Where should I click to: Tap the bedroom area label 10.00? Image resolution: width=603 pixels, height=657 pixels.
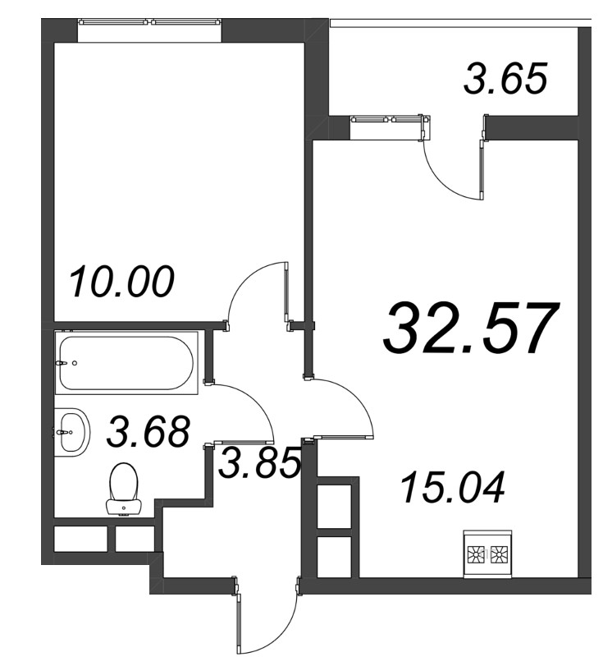[x=121, y=282]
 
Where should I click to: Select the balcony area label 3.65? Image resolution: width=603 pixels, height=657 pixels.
[x=505, y=78]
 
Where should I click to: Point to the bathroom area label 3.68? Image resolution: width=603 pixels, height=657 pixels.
[x=148, y=431]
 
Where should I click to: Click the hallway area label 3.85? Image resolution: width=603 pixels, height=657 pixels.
[x=260, y=463]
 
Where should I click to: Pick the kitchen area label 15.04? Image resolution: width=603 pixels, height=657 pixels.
[x=452, y=487]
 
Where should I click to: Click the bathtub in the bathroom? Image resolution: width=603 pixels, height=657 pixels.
[x=126, y=363]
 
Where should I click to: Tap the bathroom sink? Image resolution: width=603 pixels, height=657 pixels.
[x=71, y=432]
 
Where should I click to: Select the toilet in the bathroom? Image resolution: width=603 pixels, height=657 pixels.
[x=124, y=489]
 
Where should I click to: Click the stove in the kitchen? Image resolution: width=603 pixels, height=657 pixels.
[x=488, y=554]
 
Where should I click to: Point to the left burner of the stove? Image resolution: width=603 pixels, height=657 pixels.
[x=475, y=555]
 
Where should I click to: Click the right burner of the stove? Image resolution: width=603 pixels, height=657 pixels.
[x=500, y=555]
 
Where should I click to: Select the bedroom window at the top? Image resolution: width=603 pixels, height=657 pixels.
[x=149, y=21]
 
